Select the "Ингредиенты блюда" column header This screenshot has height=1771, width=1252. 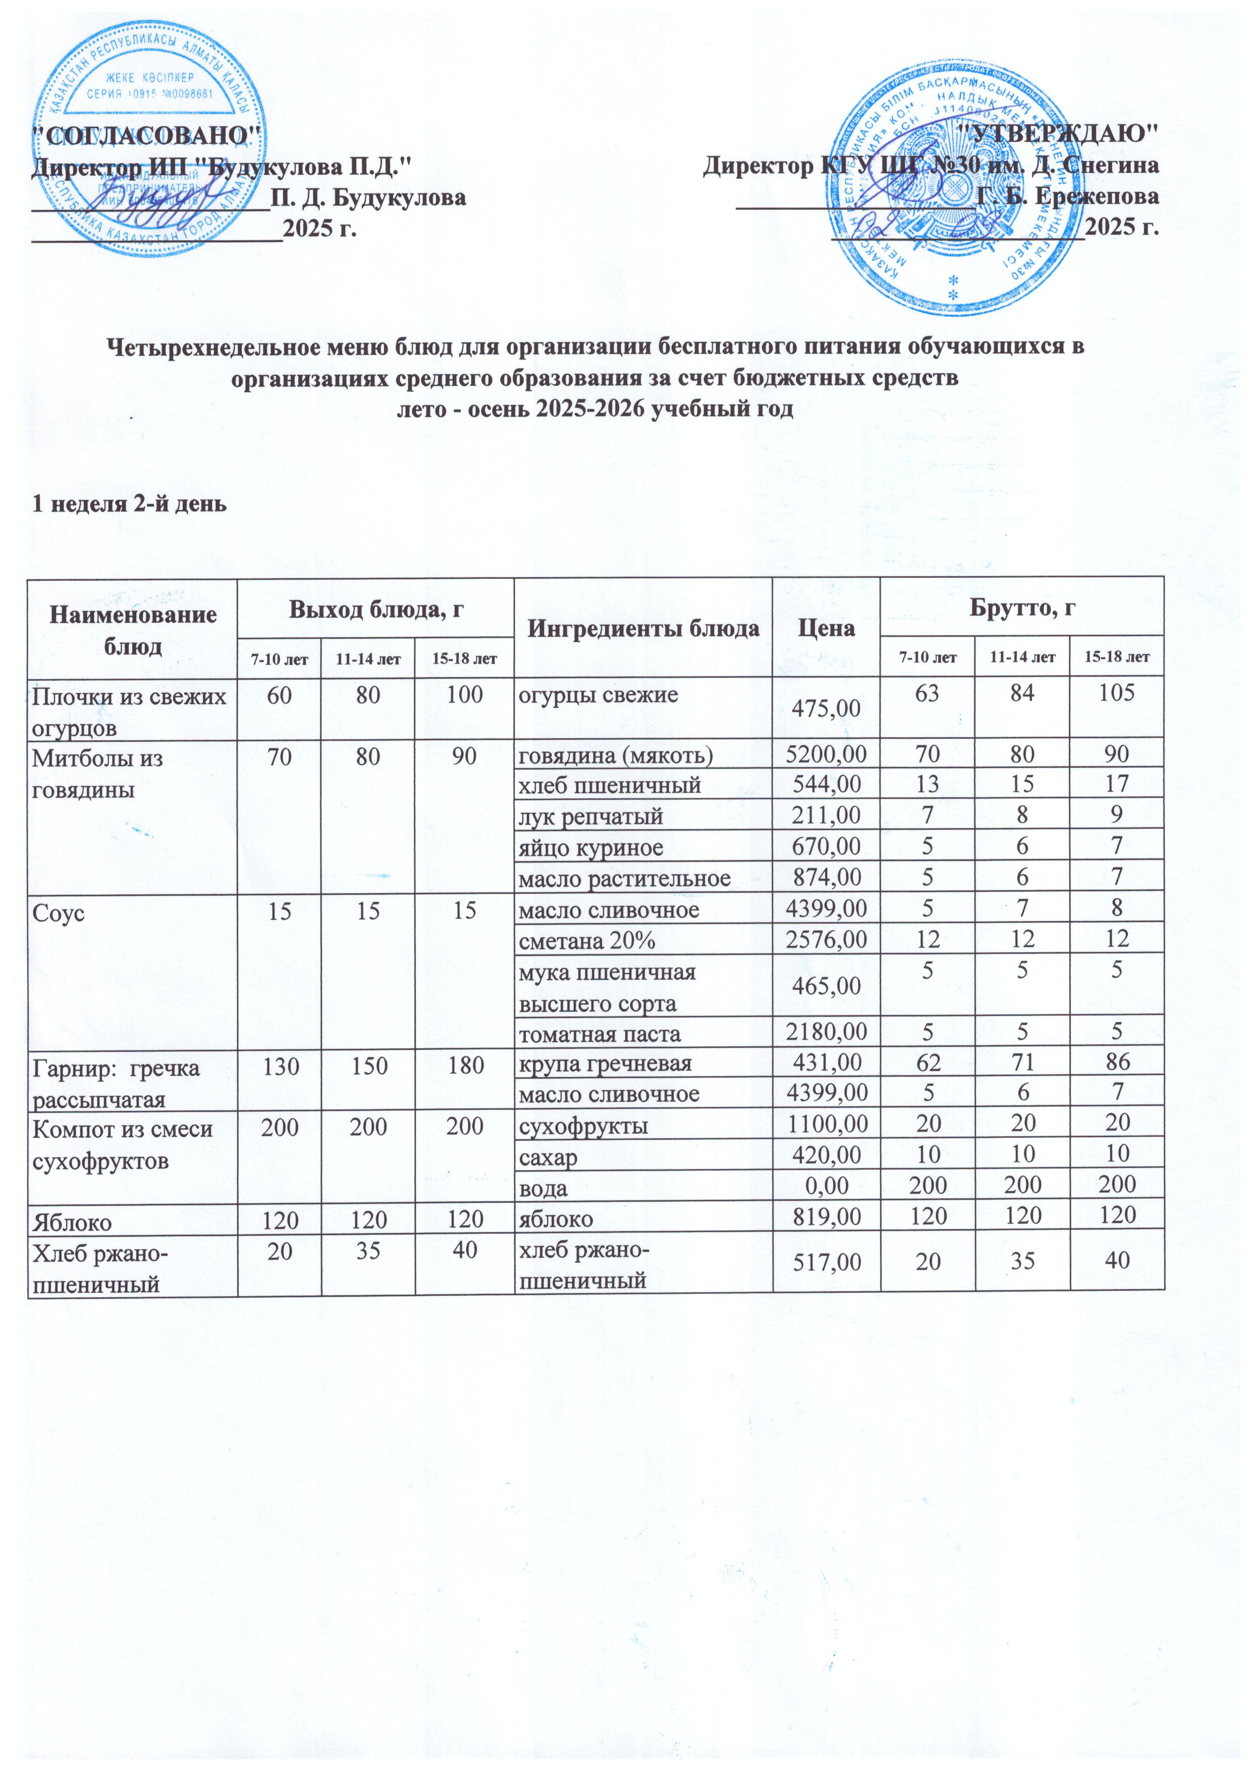point(643,629)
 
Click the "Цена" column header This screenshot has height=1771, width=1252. point(826,629)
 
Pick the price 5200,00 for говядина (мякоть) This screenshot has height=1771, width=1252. point(826,754)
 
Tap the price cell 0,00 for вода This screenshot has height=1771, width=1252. point(826,1187)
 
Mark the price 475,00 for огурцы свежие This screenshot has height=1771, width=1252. point(826,708)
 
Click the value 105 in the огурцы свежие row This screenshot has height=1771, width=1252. point(1117,693)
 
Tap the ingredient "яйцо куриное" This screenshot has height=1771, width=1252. point(590,848)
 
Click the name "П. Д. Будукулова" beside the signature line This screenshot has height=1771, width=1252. point(368,197)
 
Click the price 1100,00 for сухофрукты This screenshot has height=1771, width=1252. point(826,1126)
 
